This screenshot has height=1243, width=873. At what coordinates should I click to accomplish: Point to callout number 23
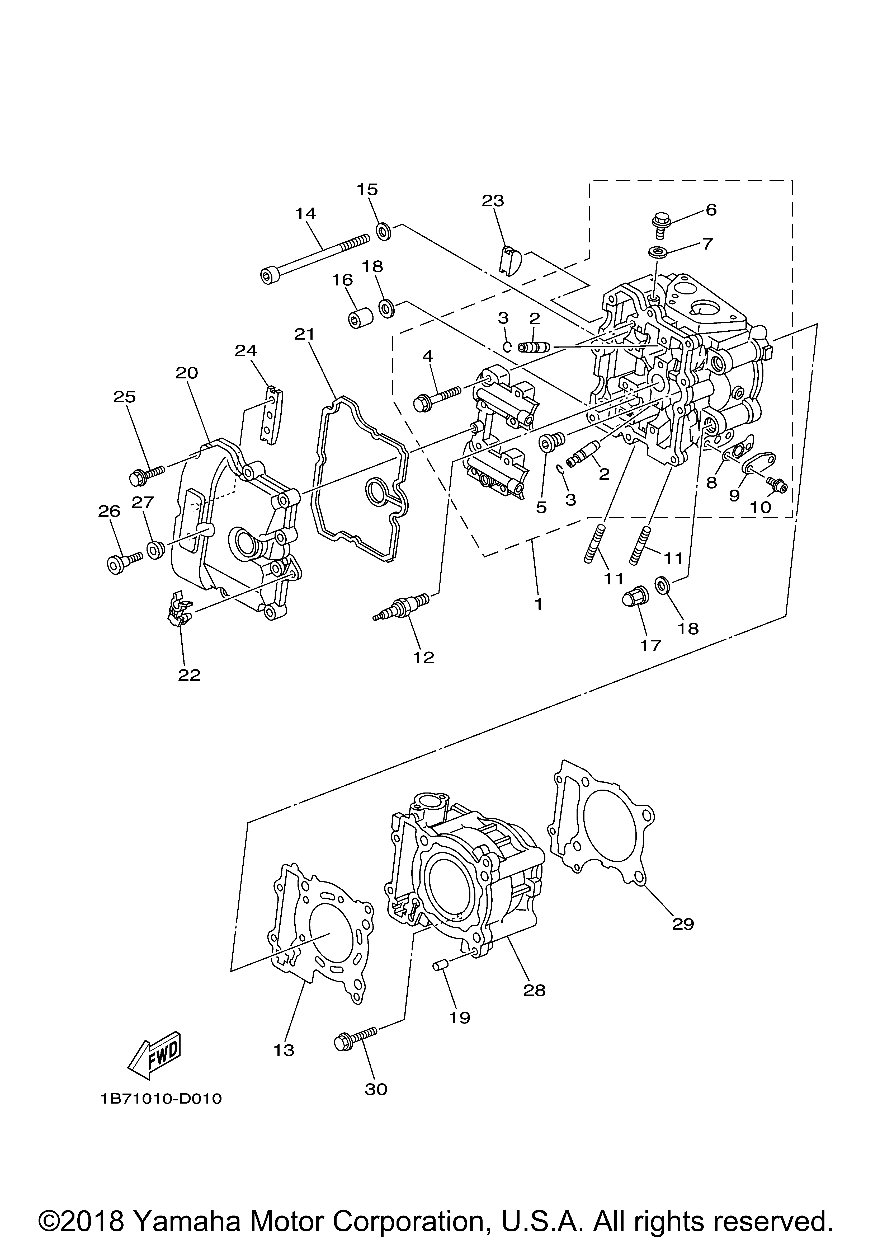pyautogui.click(x=493, y=201)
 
